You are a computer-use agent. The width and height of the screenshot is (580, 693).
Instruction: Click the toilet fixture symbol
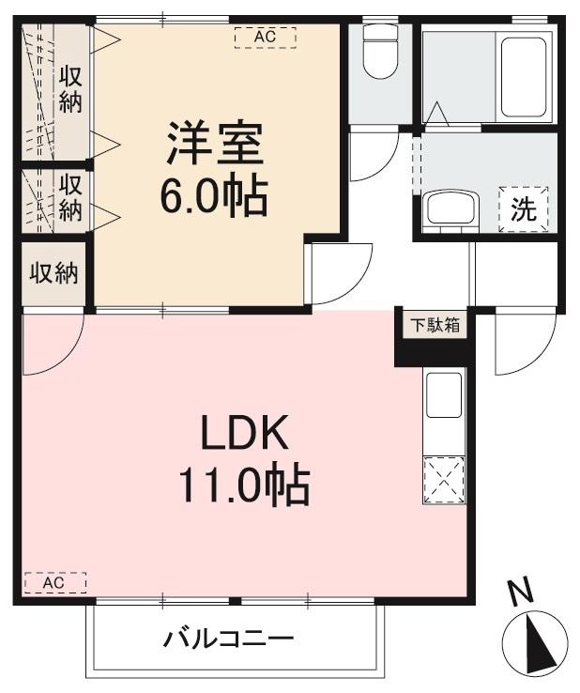pyautogui.click(x=380, y=51)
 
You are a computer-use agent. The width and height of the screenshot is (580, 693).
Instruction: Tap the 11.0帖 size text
pyautogui.click(x=244, y=486)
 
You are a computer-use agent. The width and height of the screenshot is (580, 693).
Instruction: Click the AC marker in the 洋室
pyautogui.click(x=265, y=38)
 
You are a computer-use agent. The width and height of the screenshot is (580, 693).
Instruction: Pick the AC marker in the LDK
pyautogui.click(x=54, y=583)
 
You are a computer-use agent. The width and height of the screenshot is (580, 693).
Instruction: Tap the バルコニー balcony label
pyautogui.click(x=230, y=640)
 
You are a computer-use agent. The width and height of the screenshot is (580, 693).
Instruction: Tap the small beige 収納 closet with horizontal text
pyautogui.click(x=53, y=274)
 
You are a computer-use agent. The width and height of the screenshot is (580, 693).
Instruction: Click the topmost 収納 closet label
pyautogui.click(x=70, y=89)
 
